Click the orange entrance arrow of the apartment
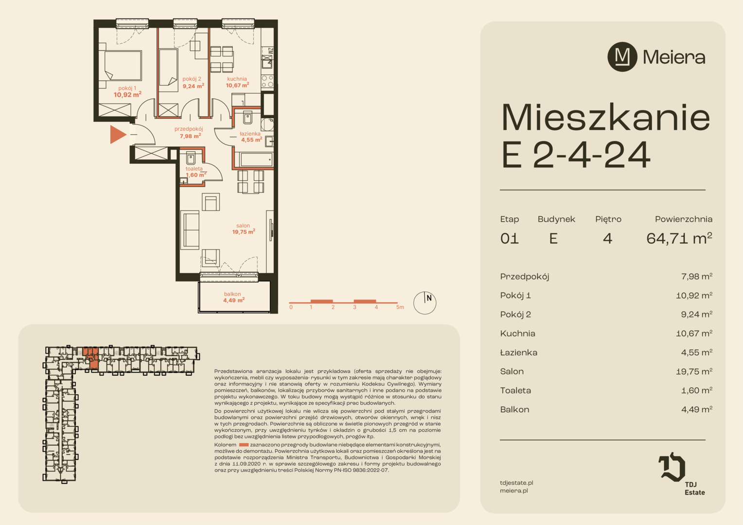pyautogui.click(x=117, y=135)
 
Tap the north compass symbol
pyautogui.click(x=425, y=303)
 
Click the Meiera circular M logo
pyautogui.click(x=622, y=57)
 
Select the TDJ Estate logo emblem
pyautogui.click(x=672, y=467)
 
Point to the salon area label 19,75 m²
pyautogui.click(x=244, y=231)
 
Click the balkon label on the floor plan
pyautogui.click(x=232, y=294)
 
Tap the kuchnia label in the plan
pyautogui.click(x=237, y=79)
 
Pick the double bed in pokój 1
pyautogui.click(x=123, y=66)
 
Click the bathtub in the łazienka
pyautogui.click(x=256, y=159)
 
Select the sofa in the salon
pyautogui.click(x=190, y=230)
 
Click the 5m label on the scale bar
pyautogui.click(x=400, y=307)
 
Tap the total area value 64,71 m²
pyautogui.click(x=679, y=238)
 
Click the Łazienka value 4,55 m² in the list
pyautogui.click(x=696, y=352)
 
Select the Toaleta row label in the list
pyautogui.click(x=515, y=390)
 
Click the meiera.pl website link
pyautogui.click(x=514, y=490)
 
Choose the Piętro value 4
pyautogui.click(x=607, y=239)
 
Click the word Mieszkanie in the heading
pyautogui.click(x=606, y=118)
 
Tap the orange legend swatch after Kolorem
pyautogui.click(x=244, y=445)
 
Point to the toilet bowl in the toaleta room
pyautogui.click(x=191, y=158)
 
